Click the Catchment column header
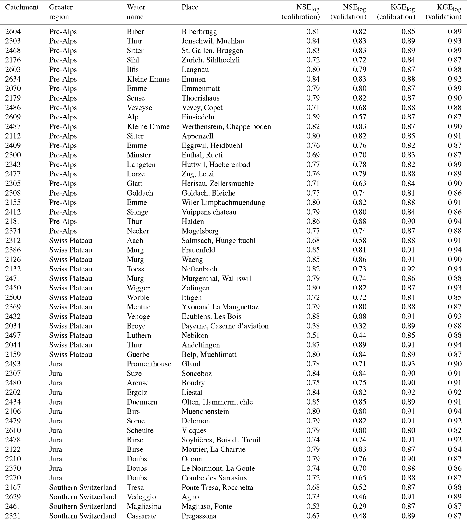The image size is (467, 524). point(22,7)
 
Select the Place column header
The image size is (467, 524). point(190,7)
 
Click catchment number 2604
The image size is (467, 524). point(13,32)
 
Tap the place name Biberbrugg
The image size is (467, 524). point(199,32)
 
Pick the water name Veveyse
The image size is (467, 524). point(139,108)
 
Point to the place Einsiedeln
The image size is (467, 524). point(198,117)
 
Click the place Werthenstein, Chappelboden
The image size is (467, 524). point(226,126)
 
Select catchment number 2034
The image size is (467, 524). point(13,326)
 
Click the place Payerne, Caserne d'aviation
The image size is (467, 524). point(225,326)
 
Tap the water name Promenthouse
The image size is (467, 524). point(149,364)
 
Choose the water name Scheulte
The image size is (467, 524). point(140,430)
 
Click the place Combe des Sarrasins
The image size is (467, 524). point(214,478)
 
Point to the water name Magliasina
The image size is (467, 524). point(144,506)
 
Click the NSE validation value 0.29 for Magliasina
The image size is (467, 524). point(359,506)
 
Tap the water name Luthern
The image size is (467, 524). point(139,335)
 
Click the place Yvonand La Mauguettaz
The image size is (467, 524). point(220,307)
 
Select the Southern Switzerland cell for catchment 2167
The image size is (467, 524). point(83,487)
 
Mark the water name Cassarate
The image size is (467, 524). point(141,516)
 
